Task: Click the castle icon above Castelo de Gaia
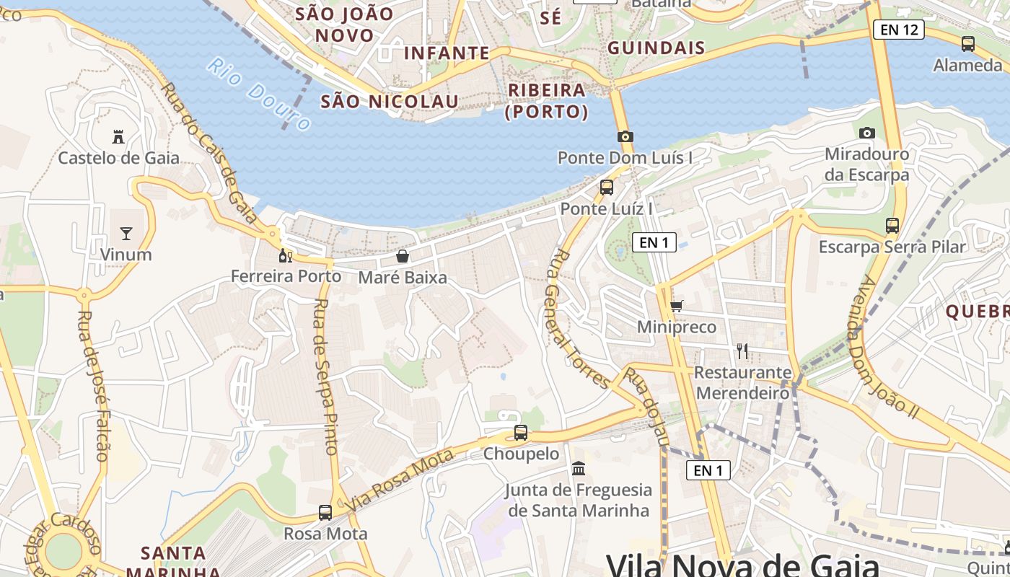click(118, 136)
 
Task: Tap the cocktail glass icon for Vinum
click(126, 233)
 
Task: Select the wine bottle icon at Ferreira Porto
click(285, 255)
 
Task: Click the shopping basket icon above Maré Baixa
click(403, 256)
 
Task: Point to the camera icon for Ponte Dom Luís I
click(625, 136)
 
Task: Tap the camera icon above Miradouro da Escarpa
click(866, 133)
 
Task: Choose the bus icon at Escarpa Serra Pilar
click(892, 225)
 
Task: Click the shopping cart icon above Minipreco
click(676, 307)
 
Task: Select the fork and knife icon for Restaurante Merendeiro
click(742, 351)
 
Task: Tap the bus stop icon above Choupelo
click(521, 433)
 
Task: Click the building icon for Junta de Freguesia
click(578, 469)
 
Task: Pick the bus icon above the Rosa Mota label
click(325, 513)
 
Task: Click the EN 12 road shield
click(898, 30)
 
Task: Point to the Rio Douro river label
click(258, 94)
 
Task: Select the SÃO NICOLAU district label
click(390, 102)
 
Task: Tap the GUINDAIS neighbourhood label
click(656, 48)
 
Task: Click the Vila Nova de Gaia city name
click(742, 564)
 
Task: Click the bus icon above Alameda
click(967, 44)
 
